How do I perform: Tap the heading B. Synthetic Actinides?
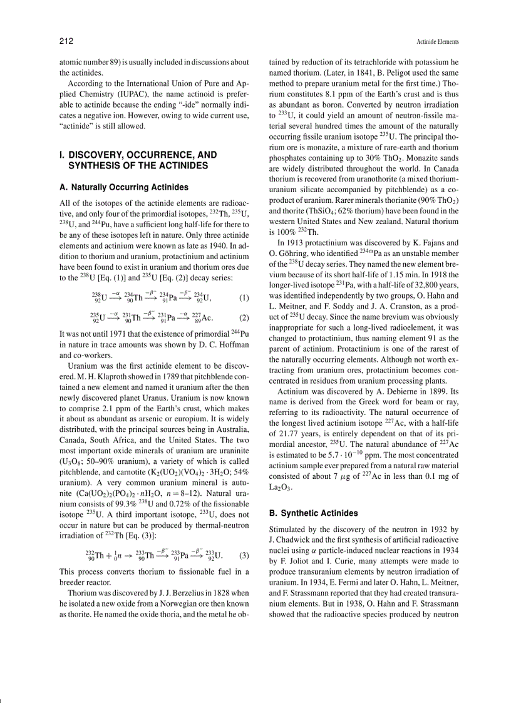pos(313,513)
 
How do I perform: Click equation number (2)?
pos(244,317)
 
